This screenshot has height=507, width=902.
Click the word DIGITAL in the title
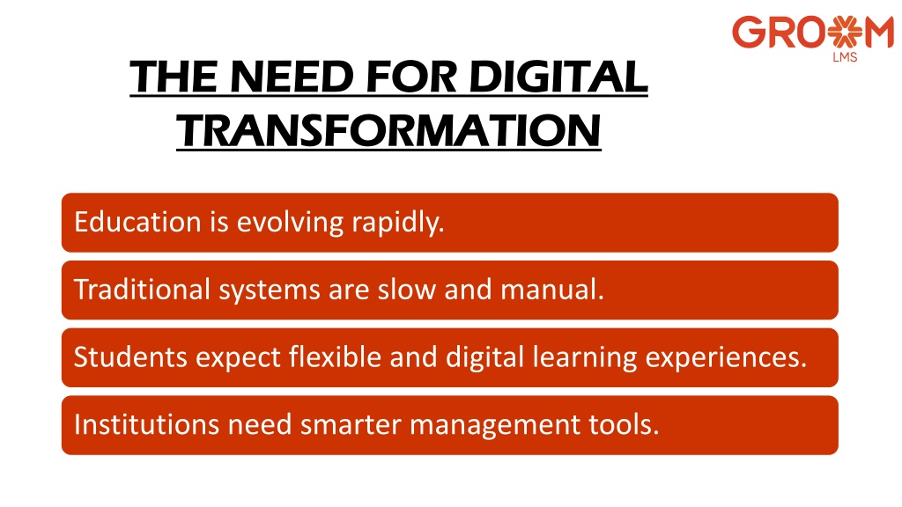click(558, 77)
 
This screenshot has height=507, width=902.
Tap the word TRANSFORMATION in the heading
click(388, 130)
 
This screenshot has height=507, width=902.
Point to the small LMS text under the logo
click(845, 57)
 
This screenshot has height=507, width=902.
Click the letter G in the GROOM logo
click(747, 33)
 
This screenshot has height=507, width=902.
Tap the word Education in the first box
click(137, 222)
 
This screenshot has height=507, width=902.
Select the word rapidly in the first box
click(398, 223)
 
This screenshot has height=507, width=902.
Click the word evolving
click(291, 223)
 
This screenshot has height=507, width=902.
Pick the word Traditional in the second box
click(142, 289)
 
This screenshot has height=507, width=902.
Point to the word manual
click(552, 289)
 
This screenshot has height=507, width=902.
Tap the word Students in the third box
click(130, 357)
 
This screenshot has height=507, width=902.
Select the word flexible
click(335, 357)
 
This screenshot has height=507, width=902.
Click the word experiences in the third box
click(726, 358)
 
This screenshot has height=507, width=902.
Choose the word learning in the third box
click(585, 358)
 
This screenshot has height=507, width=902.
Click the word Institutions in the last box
click(147, 425)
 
